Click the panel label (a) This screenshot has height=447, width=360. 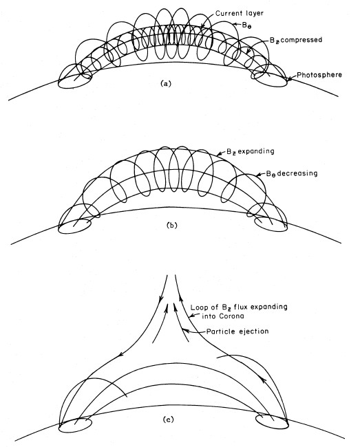(166, 83)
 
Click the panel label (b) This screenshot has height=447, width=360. (171, 225)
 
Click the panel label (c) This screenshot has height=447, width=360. (168, 419)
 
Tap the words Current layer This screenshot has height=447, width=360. (240, 13)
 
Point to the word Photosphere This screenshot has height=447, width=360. (319, 75)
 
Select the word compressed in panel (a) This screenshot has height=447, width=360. (299, 40)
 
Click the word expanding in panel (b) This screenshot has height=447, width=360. (255, 151)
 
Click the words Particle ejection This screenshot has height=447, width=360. (237, 331)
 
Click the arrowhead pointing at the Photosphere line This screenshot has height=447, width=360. (290, 78)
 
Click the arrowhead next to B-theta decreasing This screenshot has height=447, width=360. (259, 175)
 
